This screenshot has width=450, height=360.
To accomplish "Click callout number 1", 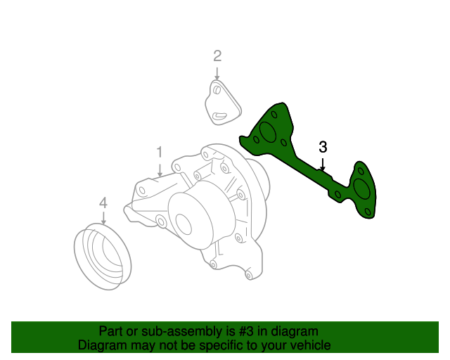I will [x=160, y=152].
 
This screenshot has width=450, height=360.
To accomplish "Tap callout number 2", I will [x=217, y=56].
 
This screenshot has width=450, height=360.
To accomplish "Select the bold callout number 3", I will [x=323, y=147].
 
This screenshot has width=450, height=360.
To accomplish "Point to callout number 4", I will [x=103, y=203].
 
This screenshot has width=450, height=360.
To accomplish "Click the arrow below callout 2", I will [x=217, y=72].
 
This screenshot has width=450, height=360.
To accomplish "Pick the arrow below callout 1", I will [x=160, y=169].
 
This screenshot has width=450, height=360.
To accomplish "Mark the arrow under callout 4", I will [x=103, y=218].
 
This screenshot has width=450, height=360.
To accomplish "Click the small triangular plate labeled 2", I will [x=222, y=103].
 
